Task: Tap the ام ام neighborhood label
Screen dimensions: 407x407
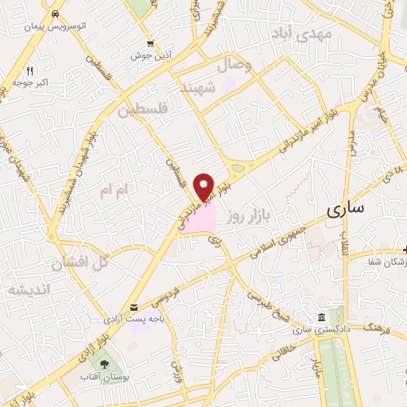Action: (111, 191)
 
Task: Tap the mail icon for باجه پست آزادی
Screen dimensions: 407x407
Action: (134, 307)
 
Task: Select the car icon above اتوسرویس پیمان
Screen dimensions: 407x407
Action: (54, 15)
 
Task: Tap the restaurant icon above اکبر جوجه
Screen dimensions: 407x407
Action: (29, 69)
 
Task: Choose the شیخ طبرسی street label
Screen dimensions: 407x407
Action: (267, 302)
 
